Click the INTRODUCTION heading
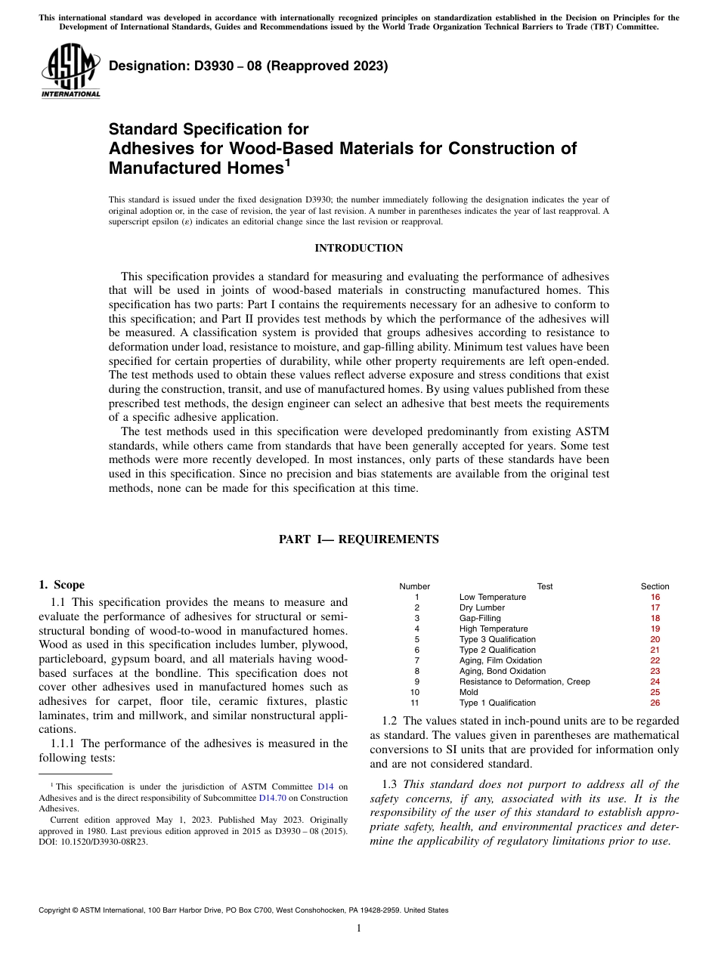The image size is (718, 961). (x=358, y=249)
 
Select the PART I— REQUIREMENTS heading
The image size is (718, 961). (x=358, y=539)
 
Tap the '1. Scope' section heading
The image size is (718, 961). (x=61, y=585)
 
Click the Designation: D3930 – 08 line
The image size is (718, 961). (x=248, y=66)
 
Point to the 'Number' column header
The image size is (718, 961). (x=414, y=586)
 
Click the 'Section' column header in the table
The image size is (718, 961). (x=655, y=586)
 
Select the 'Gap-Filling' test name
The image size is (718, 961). (x=480, y=618)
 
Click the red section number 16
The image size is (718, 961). (x=655, y=597)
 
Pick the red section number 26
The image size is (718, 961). (x=655, y=703)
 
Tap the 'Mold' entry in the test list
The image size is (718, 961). (x=469, y=692)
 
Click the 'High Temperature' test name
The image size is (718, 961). (x=494, y=629)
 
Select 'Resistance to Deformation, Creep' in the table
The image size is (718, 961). (x=525, y=681)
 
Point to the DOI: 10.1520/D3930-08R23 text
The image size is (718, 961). (x=93, y=840)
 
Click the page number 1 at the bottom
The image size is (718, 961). (x=358, y=929)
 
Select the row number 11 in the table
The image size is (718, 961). (x=415, y=703)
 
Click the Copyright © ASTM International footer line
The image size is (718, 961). (x=243, y=910)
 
